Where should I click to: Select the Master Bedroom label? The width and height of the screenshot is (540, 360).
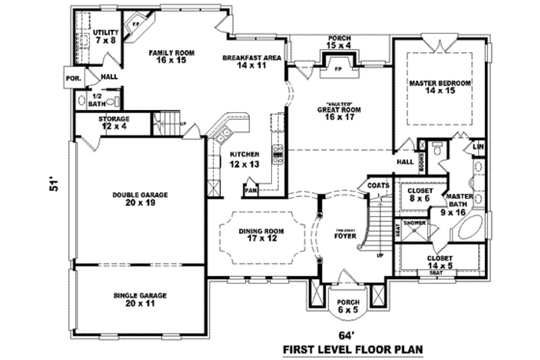click(x=439, y=88)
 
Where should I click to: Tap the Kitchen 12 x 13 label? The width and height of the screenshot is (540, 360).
click(x=245, y=159)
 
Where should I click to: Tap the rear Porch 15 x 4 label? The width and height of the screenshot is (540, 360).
click(x=337, y=42)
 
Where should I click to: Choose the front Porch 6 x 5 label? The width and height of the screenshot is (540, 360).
click(x=345, y=307)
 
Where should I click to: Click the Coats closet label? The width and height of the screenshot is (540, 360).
click(x=378, y=184)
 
